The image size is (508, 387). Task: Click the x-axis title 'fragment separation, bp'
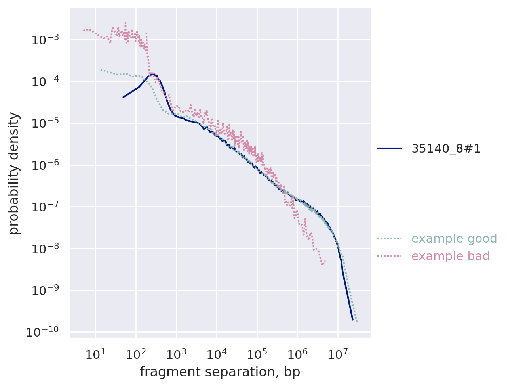point(220,372)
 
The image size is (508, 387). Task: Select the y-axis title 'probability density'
point(14,173)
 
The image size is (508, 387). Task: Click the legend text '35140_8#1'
point(446,149)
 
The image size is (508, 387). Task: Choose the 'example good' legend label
point(454,239)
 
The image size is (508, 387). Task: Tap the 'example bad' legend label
point(451,256)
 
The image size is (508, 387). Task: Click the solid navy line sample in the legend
point(389,149)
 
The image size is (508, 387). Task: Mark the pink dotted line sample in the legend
point(389,256)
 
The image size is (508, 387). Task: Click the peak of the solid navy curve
point(153,73)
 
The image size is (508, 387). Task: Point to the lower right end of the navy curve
point(352,319)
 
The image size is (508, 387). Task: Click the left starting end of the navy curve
point(123,97)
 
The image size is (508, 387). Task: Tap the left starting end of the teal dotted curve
point(101,69)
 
